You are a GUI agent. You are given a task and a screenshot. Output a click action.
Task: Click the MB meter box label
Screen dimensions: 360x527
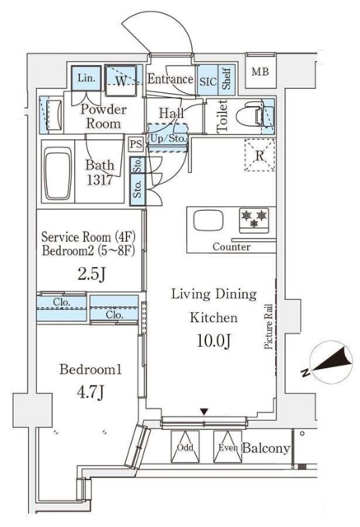[x=260, y=72]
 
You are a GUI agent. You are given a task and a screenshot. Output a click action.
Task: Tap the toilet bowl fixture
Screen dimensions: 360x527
[x=250, y=117]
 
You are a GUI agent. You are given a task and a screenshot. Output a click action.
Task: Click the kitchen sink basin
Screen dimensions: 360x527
[x=208, y=221]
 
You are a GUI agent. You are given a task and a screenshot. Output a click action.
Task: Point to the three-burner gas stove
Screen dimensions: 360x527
[x=254, y=221]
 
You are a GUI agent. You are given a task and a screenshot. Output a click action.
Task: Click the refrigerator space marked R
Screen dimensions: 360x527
[x=259, y=156]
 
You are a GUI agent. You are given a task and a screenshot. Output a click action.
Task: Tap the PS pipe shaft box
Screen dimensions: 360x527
[x=136, y=144]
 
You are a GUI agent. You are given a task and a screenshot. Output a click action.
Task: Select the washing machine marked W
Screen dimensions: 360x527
[x=120, y=81]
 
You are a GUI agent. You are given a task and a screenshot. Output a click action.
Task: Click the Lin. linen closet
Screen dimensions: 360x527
[x=86, y=78]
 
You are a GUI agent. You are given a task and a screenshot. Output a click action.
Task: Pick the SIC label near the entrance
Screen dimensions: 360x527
[x=208, y=82]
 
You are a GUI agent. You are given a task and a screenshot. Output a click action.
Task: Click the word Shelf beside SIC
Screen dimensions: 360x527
[x=227, y=79]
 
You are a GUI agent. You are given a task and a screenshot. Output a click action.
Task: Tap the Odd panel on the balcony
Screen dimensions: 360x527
[x=185, y=447]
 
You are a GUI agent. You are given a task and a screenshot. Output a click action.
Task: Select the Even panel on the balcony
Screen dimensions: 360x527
[x=227, y=447]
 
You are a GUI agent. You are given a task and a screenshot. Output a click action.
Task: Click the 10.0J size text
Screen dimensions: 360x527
[x=213, y=341]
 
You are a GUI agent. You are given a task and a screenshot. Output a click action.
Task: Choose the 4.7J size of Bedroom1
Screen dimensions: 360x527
[x=90, y=392]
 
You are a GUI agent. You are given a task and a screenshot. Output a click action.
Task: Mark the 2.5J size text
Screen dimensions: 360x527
[x=91, y=274]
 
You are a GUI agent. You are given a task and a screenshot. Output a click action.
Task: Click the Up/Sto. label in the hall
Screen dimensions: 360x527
[x=168, y=138]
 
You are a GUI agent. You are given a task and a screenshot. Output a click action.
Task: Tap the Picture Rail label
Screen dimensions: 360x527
[x=269, y=326]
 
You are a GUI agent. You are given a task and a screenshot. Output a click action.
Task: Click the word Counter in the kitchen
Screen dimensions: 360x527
[x=231, y=247]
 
